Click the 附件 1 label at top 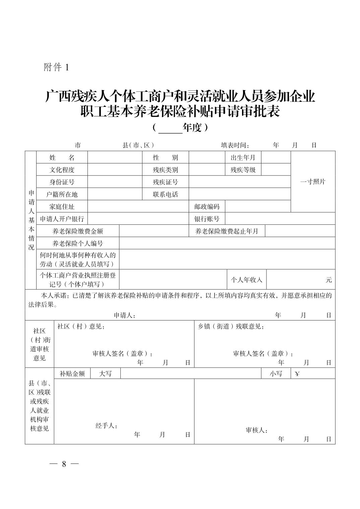(56, 67)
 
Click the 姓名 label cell (62, 157)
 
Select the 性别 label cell (165, 157)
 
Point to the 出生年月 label (243, 157)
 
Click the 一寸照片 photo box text (312, 182)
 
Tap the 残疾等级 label (243, 170)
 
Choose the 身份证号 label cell (62, 182)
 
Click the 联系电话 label (165, 195)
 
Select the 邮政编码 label (207, 207)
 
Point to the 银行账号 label (207, 219)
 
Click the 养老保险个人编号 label (77, 243)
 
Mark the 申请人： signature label (124, 315)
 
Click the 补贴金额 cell (72, 374)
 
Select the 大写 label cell (105, 374)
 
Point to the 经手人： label (106, 426)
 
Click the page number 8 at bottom (64, 464)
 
